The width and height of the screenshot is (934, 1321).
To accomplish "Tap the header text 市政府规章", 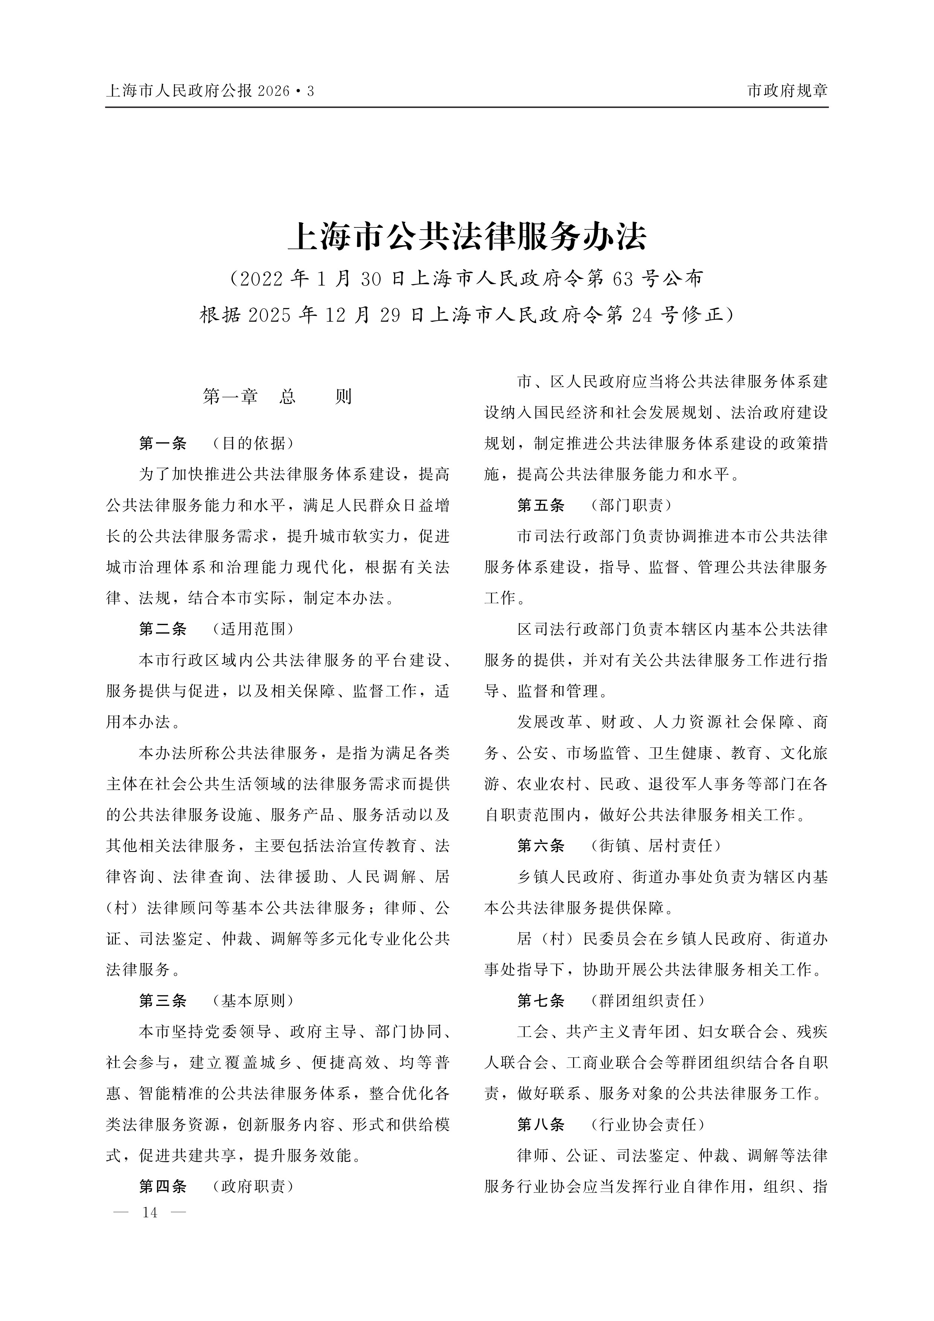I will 787,91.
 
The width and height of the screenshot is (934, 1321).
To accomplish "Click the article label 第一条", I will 163,443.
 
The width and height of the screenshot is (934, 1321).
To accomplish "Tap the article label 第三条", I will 163,1001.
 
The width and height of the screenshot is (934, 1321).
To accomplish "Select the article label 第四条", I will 163,1186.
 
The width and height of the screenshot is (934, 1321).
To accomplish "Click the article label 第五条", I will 541,505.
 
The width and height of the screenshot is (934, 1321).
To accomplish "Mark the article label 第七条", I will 541,1001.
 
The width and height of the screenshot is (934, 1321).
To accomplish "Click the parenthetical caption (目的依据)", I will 253,443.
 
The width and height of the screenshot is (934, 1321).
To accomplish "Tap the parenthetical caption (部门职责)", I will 631,505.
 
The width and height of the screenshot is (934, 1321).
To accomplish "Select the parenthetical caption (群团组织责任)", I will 648,1001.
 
